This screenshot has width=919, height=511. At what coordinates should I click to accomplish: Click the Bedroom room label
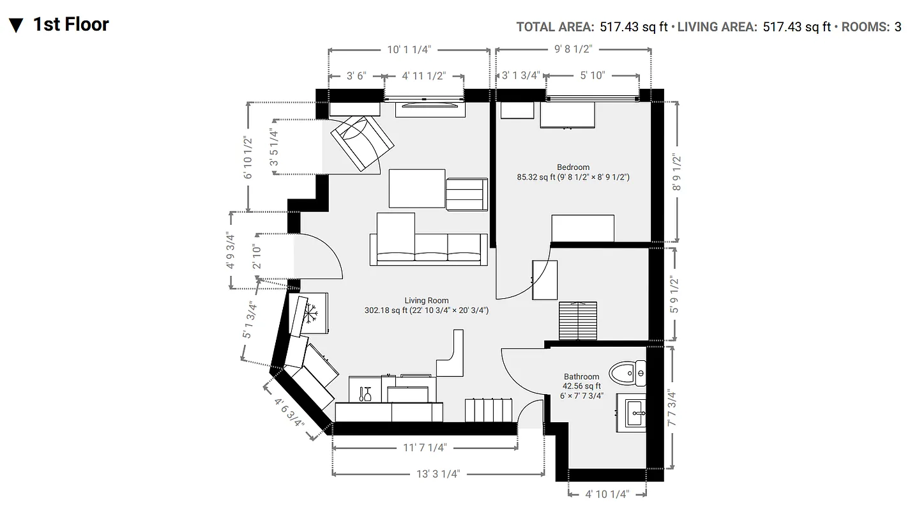(573, 167)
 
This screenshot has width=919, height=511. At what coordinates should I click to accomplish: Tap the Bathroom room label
(581, 377)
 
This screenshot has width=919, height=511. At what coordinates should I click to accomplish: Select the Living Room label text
(426, 300)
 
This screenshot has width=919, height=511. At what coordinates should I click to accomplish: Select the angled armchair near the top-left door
(361, 142)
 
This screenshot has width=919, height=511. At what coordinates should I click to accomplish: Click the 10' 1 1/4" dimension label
(409, 49)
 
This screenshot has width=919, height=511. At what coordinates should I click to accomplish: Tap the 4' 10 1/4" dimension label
(607, 494)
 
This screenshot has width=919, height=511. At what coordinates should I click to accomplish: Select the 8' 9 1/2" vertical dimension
(677, 172)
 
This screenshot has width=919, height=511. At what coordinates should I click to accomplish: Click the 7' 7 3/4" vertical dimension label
(670, 409)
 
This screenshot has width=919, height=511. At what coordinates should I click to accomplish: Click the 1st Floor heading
(71, 24)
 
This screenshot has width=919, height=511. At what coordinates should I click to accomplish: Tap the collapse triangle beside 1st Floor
(16, 26)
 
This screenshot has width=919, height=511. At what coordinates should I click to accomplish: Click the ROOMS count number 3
(897, 27)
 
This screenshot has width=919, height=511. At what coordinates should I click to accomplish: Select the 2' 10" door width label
(256, 257)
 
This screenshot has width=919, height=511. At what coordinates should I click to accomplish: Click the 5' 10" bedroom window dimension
(592, 75)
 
